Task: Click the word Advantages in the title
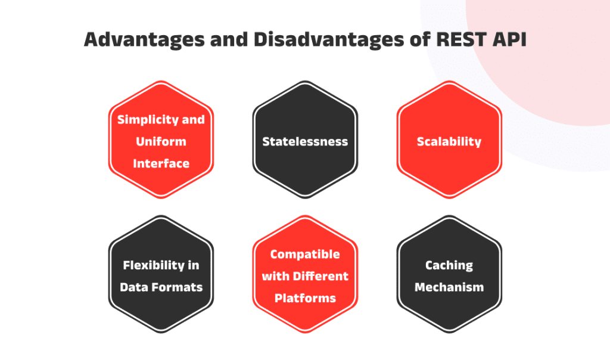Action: click(x=144, y=40)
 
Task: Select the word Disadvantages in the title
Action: click(x=329, y=40)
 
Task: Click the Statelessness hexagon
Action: click(x=305, y=139)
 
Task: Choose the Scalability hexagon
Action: click(x=449, y=139)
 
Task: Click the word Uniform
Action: click(x=161, y=141)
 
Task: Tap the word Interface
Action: click(x=161, y=163)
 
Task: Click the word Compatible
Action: click(x=305, y=255)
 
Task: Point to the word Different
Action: click(x=320, y=277)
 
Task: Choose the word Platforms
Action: click(x=305, y=298)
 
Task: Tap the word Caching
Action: click(x=449, y=266)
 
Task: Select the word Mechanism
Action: click(x=449, y=287)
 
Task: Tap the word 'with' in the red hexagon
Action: click(x=275, y=277)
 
